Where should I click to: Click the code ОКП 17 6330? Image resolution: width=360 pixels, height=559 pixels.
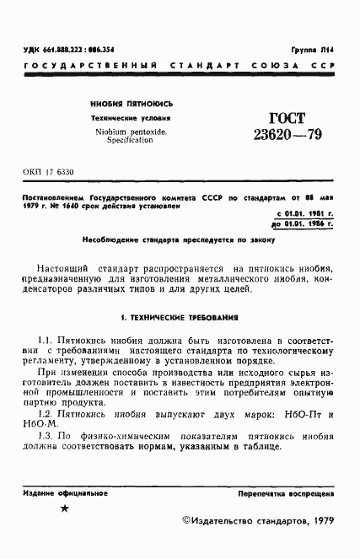click(x=50, y=172)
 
